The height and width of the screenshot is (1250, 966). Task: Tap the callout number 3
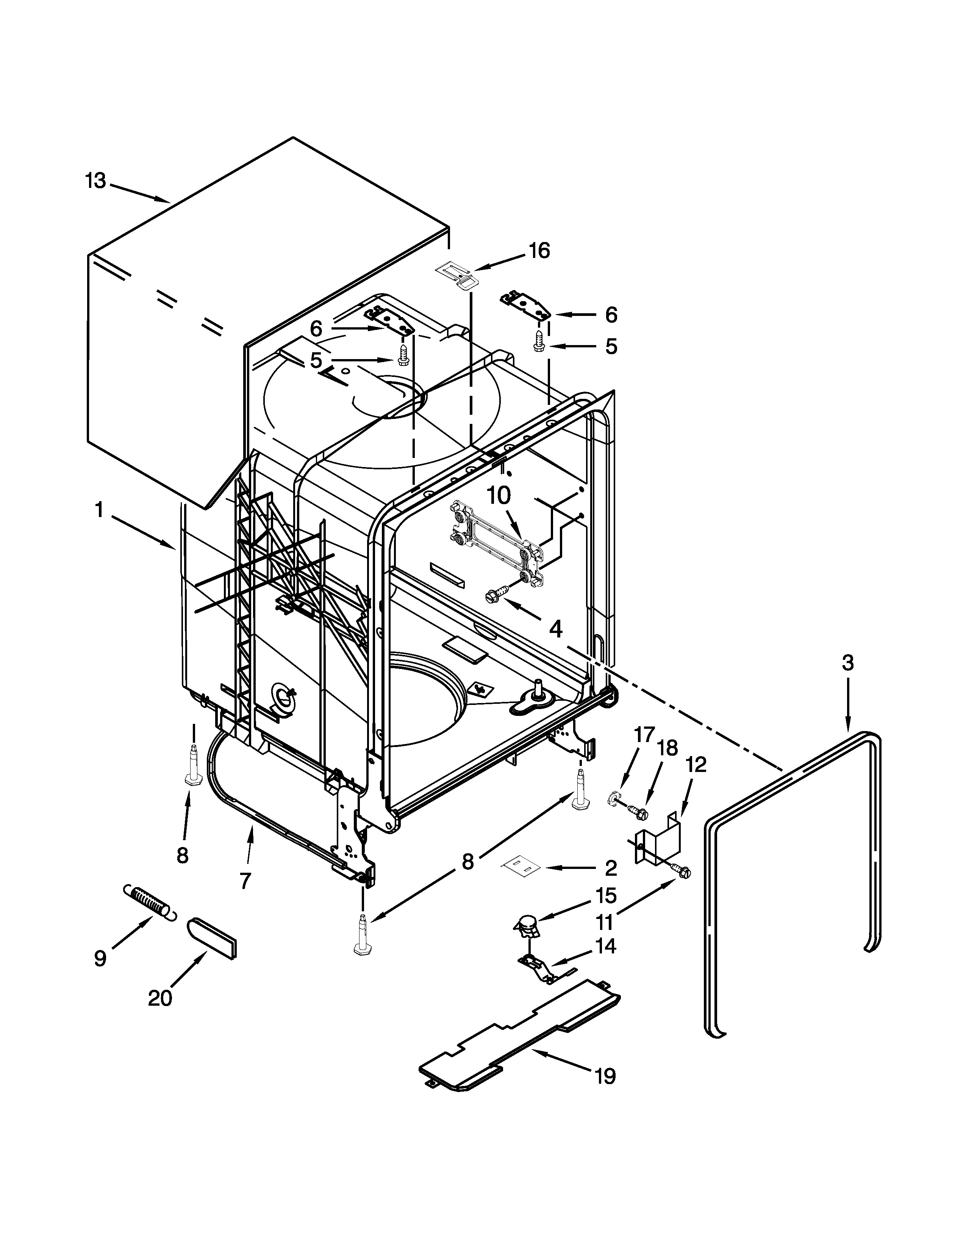847,663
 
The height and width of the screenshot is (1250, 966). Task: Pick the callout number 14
605,946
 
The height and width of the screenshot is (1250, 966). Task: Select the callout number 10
499,496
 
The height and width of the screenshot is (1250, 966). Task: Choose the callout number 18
667,747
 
